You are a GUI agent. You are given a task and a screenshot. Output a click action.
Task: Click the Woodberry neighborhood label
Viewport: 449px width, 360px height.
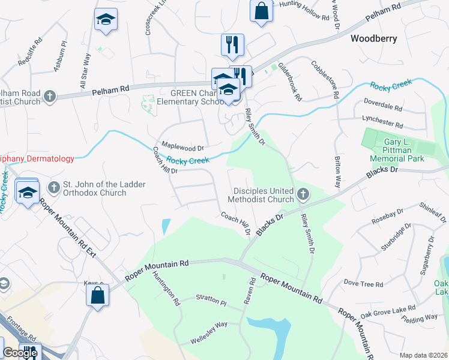click(373, 38)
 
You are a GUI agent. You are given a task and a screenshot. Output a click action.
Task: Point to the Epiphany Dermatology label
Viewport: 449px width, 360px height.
click(36, 159)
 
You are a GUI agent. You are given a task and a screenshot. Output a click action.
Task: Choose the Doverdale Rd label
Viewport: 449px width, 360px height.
click(382, 107)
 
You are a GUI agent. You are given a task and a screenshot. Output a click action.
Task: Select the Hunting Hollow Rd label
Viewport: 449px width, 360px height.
click(304, 11)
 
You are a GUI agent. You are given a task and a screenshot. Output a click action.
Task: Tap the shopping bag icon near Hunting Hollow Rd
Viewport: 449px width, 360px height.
click(262, 11)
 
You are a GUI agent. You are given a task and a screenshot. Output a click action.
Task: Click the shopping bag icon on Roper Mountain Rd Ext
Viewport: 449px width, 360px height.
click(97, 295)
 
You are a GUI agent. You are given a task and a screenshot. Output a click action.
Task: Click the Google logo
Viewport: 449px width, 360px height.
click(20, 353)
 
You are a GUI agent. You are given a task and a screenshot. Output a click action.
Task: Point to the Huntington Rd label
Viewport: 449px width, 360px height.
click(166, 288)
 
